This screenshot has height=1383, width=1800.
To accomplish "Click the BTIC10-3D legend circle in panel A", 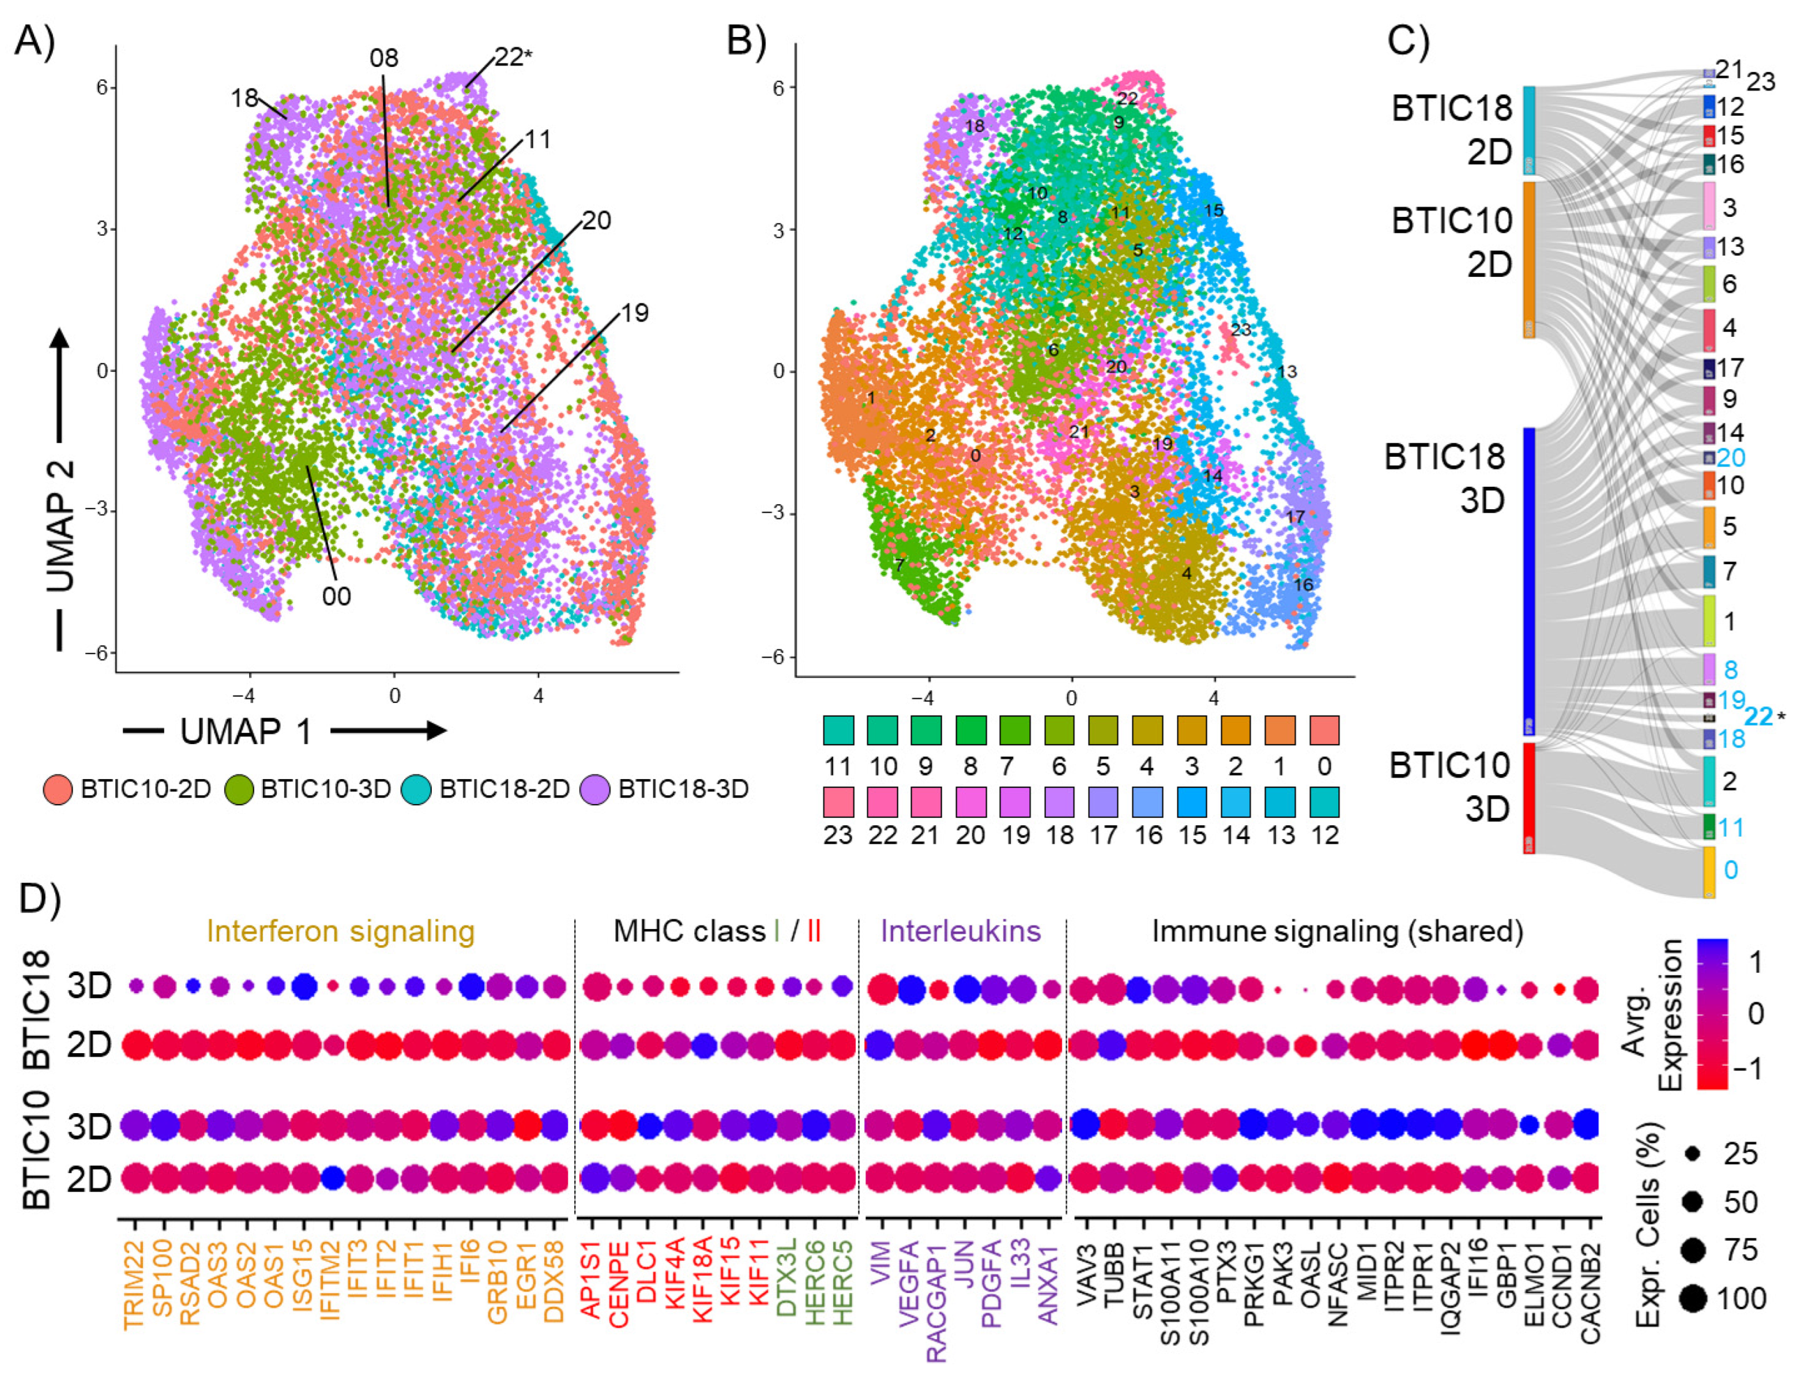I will [239, 790].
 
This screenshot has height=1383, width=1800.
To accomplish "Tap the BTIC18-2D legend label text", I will [504, 790].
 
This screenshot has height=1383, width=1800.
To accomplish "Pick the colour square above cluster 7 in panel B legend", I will [1014, 730].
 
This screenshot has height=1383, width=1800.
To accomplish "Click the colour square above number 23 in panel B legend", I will [838, 801].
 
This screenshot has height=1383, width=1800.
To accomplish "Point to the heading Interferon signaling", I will [341, 931].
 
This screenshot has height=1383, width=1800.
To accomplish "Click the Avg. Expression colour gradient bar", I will [1712, 1013].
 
